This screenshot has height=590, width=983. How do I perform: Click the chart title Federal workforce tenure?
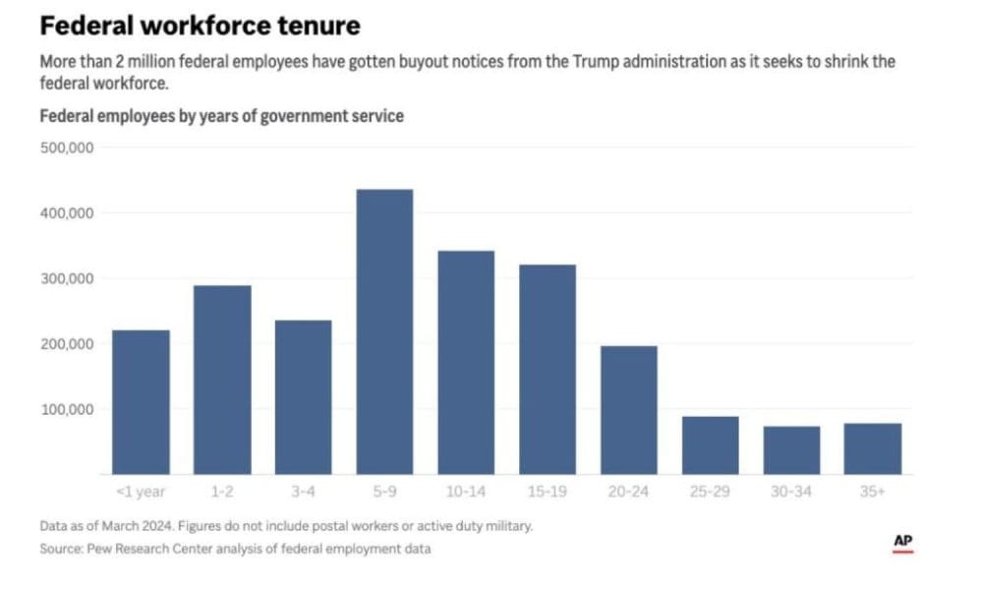(200, 25)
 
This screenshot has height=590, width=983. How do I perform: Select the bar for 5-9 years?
(384, 331)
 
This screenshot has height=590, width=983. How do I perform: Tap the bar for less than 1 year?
(141, 402)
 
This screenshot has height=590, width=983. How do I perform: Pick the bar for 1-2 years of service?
(222, 380)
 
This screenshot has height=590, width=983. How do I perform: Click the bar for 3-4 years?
(303, 397)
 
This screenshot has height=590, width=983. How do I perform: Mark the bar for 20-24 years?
(628, 410)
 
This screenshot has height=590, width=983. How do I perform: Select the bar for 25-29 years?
(710, 445)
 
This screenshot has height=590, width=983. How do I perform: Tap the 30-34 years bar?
(791, 450)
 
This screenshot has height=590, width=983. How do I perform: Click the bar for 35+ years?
(873, 448)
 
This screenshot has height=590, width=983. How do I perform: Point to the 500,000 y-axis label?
(66, 147)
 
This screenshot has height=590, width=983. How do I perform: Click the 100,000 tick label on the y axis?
(66, 409)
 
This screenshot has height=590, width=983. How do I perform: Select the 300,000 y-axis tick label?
(66, 278)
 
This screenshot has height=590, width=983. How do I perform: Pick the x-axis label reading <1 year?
(141, 492)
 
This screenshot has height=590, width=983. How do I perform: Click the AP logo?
(902, 543)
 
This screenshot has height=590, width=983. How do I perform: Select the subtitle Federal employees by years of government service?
(221, 116)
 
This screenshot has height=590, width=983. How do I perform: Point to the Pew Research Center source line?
(235, 549)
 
